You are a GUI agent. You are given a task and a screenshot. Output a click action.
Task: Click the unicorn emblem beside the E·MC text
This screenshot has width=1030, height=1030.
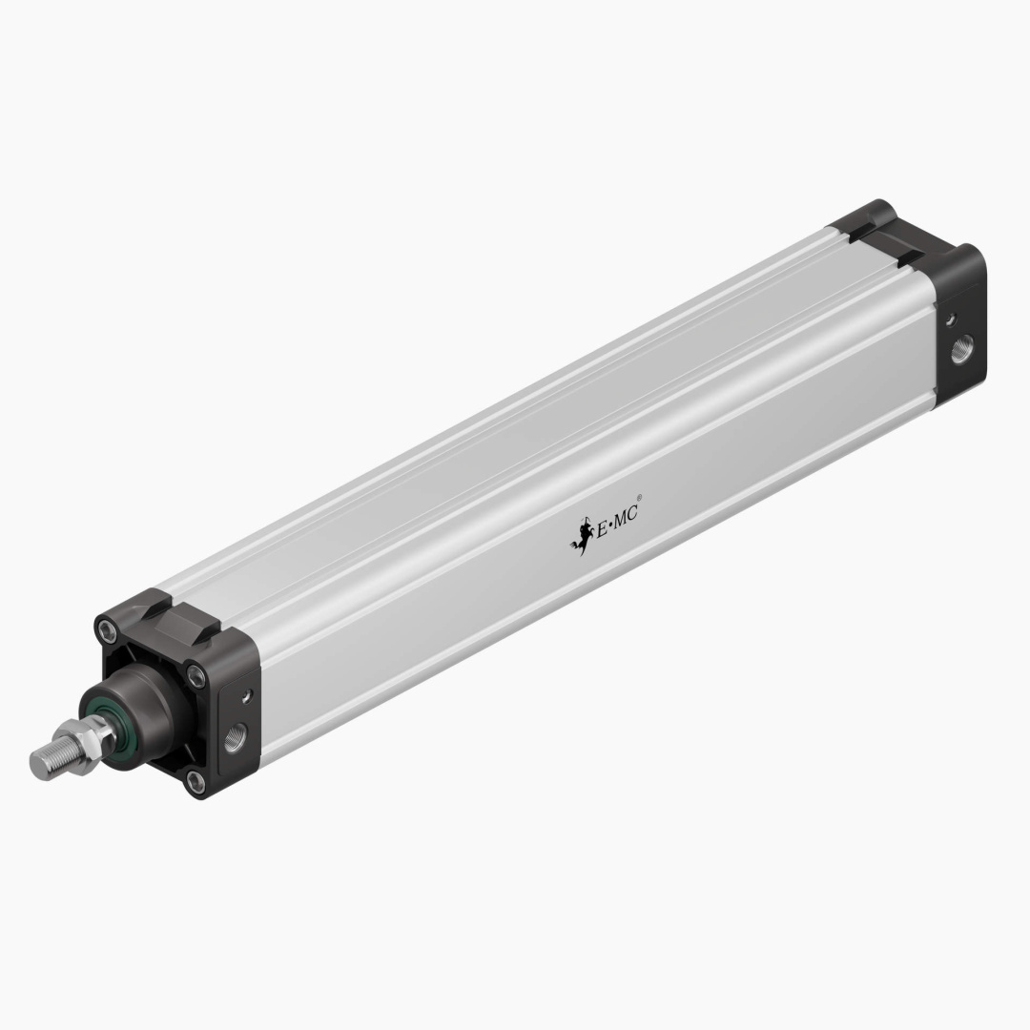click(x=579, y=536)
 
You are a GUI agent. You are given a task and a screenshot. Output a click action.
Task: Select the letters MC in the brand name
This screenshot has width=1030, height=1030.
click(x=625, y=516)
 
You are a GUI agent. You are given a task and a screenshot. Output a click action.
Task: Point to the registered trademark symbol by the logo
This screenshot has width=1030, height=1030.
click(x=639, y=497)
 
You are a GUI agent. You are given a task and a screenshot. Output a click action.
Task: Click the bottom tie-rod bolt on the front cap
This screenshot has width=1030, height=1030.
click(x=196, y=784)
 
